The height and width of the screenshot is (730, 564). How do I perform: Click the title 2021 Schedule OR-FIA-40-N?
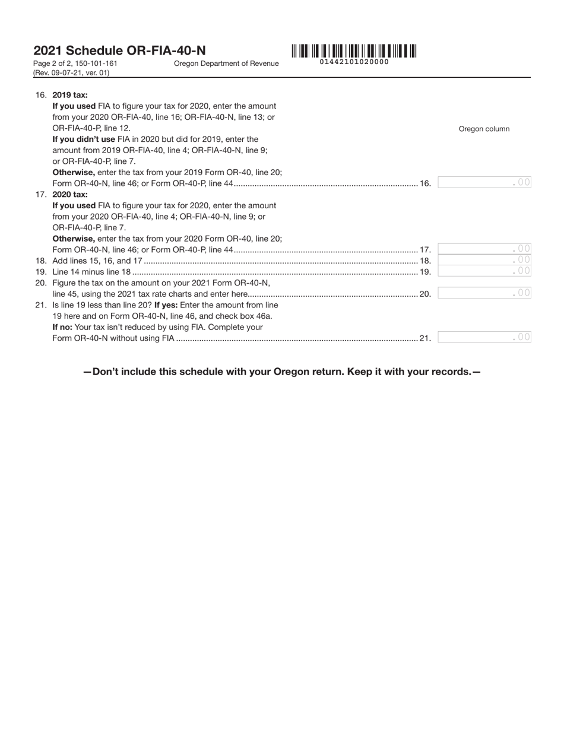click(x=119, y=51)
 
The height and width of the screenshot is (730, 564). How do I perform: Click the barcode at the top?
click(x=354, y=51)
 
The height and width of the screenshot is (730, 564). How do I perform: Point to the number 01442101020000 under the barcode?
click(x=354, y=62)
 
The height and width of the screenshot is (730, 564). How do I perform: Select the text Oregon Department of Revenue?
click(x=226, y=64)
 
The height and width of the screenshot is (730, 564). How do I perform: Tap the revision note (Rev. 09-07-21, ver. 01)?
click(x=71, y=73)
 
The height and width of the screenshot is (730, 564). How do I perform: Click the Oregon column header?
click(x=484, y=129)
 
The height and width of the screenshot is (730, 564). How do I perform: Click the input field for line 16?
click(x=484, y=183)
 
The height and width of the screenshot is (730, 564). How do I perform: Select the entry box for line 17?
click(x=484, y=249)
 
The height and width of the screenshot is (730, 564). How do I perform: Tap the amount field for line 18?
click(x=484, y=260)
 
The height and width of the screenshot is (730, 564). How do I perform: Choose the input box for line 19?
click(x=484, y=271)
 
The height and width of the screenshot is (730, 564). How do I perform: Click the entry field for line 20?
click(x=484, y=293)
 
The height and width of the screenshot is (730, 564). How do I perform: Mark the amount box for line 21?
click(x=484, y=337)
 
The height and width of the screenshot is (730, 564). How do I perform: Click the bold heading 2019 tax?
click(x=70, y=95)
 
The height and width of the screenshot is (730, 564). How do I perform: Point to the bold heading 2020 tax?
click(x=70, y=194)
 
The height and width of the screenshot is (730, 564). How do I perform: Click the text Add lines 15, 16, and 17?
click(x=97, y=261)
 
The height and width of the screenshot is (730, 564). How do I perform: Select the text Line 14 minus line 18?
click(x=91, y=272)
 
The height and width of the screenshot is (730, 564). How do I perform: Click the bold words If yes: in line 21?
click(x=166, y=305)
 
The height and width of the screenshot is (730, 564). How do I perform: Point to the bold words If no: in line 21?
click(x=62, y=327)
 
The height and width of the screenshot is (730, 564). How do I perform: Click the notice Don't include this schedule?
click(x=281, y=372)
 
